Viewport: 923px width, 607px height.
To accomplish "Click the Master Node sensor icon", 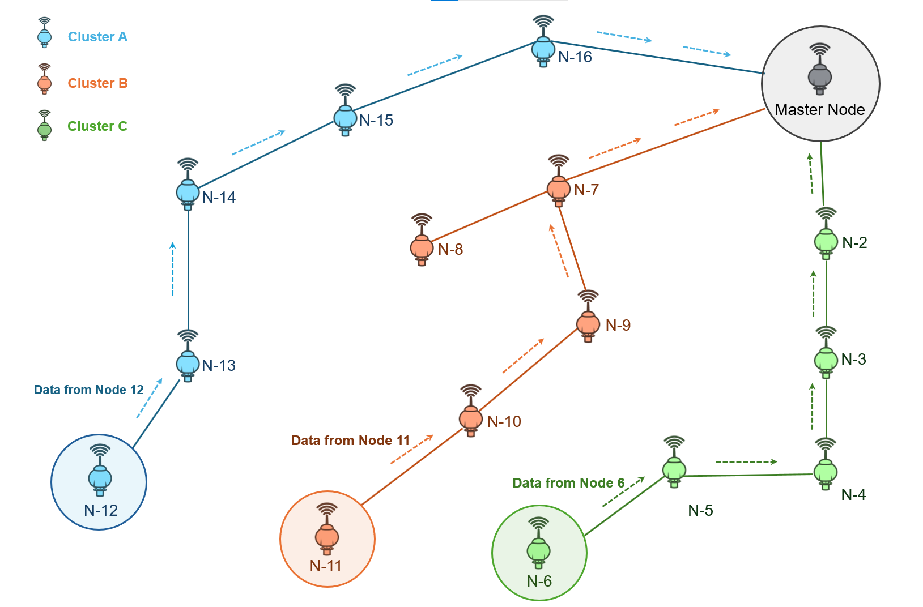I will click(819, 70).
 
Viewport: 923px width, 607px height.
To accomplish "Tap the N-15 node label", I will click(376, 121).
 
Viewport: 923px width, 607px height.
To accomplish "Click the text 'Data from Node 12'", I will click(89, 390).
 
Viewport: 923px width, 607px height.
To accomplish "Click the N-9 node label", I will click(618, 326).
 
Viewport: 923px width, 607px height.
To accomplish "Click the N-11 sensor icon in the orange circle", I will click(327, 529).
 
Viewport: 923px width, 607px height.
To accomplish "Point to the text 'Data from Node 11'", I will click(350, 441).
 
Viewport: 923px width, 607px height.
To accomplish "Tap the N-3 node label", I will click(853, 360).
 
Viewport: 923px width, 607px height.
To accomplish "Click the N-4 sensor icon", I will click(826, 466).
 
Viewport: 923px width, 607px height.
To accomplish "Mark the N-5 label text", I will click(700, 511).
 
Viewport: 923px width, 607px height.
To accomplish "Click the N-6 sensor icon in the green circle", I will click(538, 545).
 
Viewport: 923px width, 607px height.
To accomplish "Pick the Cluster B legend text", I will click(98, 83).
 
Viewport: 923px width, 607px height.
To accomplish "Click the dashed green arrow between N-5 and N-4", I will click(746, 462).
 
